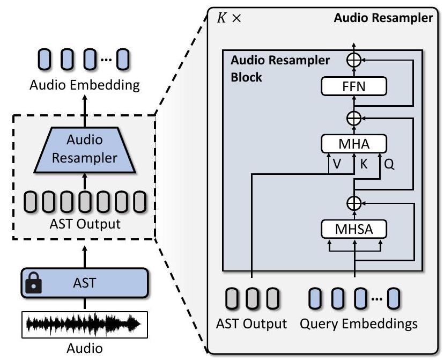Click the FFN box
click(x=353, y=85)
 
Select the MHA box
click(x=353, y=143)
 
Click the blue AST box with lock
click(x=85, y=283)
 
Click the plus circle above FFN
click(x=353, y=61)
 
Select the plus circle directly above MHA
click(x=353, y=119)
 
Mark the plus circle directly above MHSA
click(x=353, y=203)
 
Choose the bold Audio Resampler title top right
click(x=383, y=18)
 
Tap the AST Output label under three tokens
click(x=251, y=324)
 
